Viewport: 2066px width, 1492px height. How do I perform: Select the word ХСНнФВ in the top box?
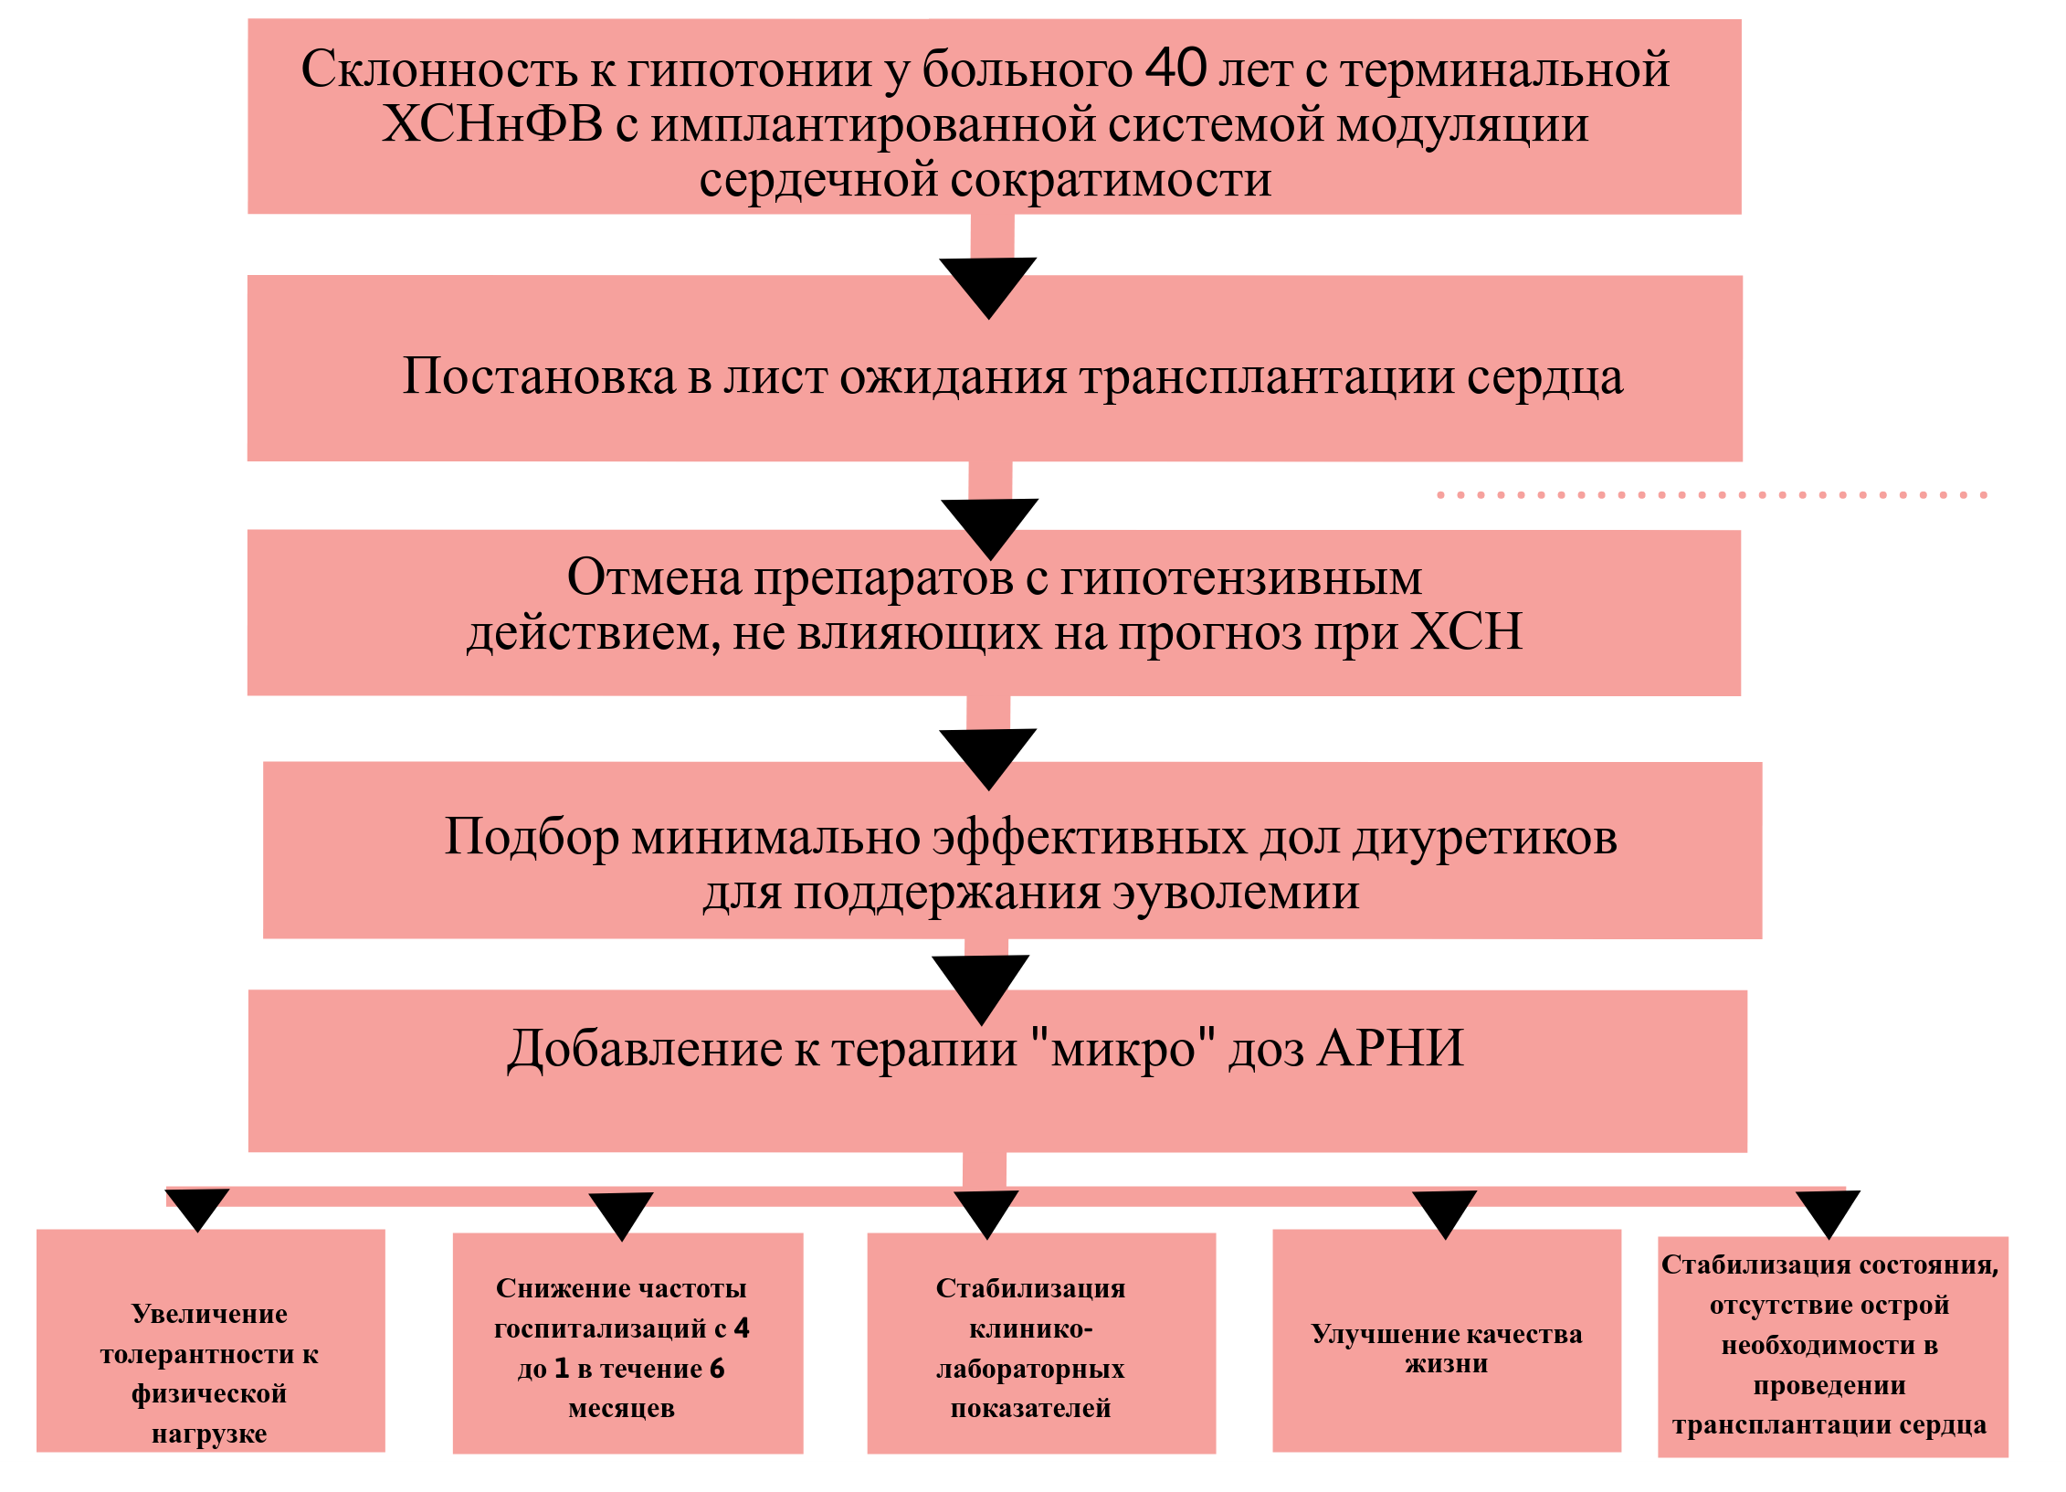492,124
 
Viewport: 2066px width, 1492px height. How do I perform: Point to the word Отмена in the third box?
654,577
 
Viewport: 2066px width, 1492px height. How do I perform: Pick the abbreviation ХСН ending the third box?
1467,631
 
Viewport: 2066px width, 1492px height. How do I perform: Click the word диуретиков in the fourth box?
1484,837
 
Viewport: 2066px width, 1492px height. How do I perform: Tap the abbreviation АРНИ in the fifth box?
1391,1049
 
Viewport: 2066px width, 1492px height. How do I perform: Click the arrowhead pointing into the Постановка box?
988,287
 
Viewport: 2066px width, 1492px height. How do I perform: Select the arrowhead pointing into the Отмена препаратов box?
990,527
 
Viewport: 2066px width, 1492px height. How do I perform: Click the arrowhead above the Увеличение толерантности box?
197,1209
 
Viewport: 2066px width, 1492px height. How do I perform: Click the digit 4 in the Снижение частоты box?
742,1328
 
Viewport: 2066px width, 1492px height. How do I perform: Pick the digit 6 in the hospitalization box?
717,1368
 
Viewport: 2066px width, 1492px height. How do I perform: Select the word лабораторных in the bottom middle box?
1030,1369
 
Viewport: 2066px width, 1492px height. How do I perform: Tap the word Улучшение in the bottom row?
1361,1334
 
